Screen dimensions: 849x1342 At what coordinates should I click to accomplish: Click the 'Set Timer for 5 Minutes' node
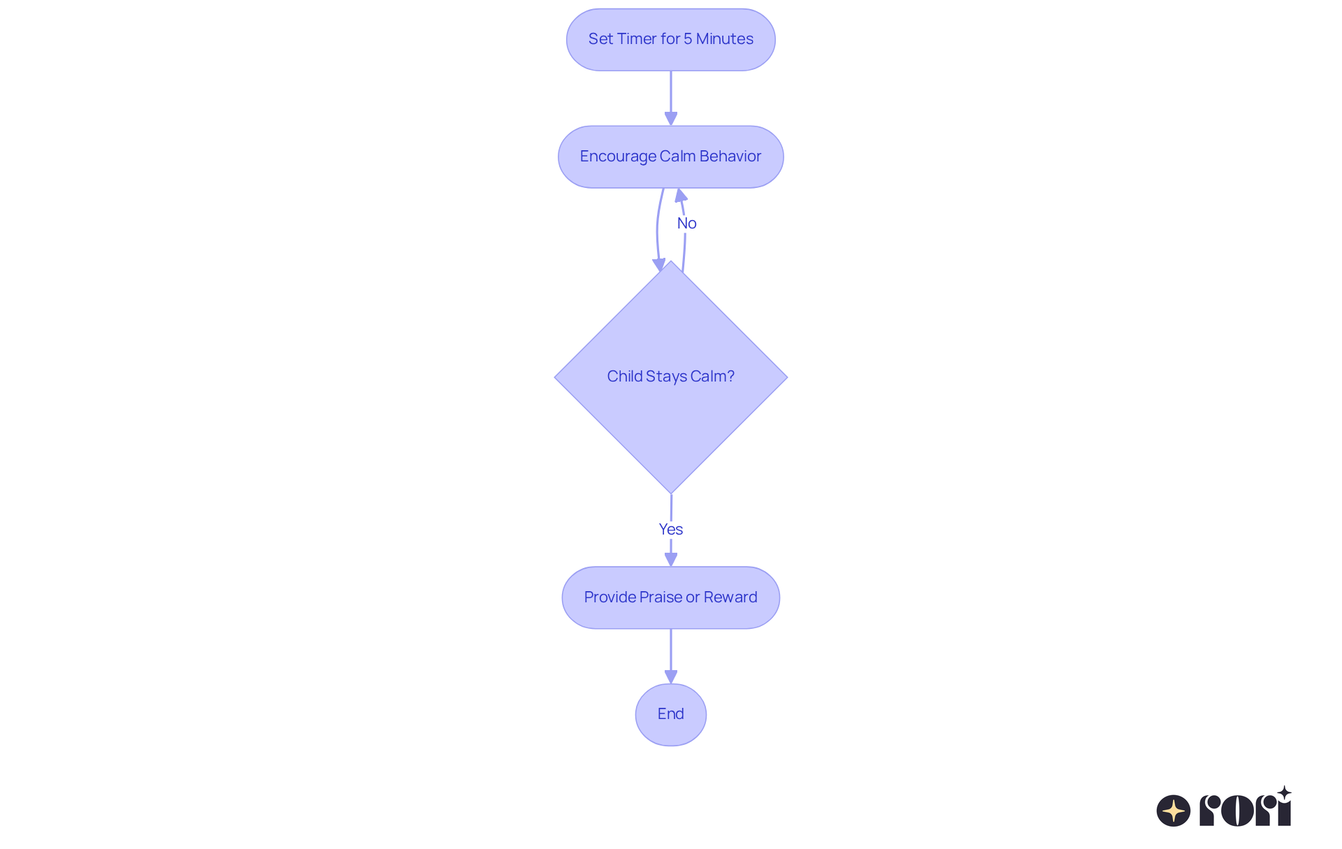[670, 40]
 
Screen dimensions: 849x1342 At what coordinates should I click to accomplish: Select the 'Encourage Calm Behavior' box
[670, 157]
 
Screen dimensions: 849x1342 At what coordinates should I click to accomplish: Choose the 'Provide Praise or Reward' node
[670, 597]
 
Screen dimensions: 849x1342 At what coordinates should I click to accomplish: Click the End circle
[670, 714]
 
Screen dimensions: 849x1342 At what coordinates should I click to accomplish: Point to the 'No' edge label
[686, 223]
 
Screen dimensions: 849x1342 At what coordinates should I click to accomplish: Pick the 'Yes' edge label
[670, 529]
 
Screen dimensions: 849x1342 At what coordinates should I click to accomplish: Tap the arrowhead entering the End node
[670, 677]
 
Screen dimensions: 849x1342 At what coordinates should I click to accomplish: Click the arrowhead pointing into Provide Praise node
[670, 560]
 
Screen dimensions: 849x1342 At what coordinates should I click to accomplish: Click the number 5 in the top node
[688, 39]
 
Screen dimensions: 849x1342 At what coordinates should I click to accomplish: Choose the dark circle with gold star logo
[1173, 811]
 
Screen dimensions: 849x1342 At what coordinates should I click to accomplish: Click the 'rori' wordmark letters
[1245, 810]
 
